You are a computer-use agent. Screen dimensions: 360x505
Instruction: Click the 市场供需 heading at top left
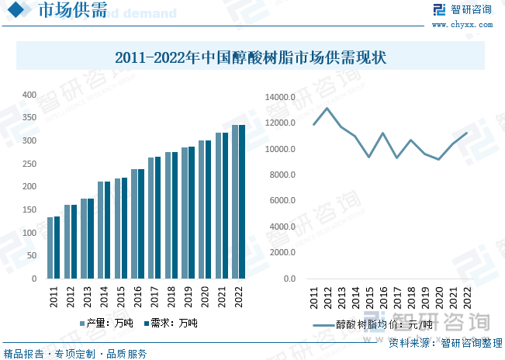72,13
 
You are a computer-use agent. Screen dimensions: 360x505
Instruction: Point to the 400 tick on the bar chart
29,95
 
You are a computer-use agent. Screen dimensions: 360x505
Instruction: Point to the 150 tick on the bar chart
29,210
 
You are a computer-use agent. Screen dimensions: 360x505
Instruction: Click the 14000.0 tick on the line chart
280,97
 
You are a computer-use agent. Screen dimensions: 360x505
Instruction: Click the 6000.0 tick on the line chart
282,201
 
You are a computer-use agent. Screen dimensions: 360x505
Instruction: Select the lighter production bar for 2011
50,247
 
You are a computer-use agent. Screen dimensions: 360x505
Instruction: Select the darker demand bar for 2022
241,202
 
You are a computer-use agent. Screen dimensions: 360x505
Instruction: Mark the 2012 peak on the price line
327,108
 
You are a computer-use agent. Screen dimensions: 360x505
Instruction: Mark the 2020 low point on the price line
439,159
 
